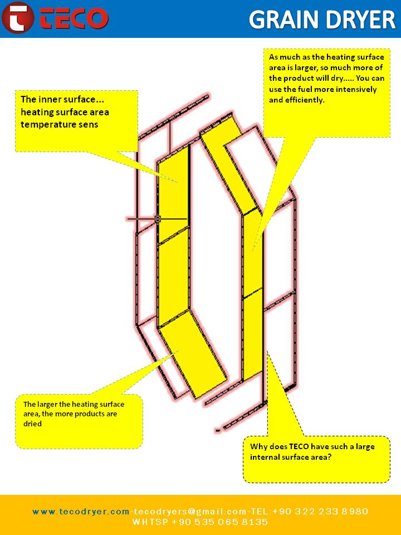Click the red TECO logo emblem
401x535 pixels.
pos(18,18)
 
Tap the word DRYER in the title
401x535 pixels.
pos(361,19)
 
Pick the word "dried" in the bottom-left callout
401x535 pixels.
pos(32,424)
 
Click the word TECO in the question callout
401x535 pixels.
pos(299,446)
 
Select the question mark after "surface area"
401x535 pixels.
pos(329,457)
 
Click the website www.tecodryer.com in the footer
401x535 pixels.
pos(81,512)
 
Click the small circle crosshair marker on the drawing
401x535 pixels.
pos(158,218)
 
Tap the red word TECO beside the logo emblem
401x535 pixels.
pos(74,18)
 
